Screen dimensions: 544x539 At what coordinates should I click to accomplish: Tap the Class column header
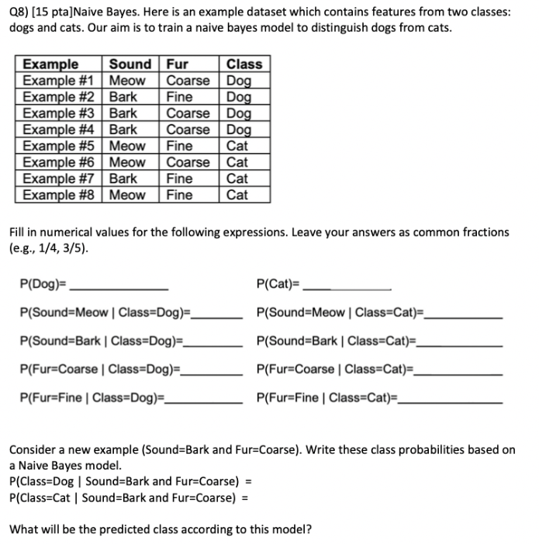(244, 64)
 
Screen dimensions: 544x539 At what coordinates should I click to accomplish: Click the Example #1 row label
(59, 81)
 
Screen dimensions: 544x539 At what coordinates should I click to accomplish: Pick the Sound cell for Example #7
(123, 178)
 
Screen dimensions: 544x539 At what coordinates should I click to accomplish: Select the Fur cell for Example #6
(188, 162)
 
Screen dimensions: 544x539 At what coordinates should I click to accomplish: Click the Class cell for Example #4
(239, 130)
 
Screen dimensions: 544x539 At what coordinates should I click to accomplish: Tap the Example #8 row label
(59, 195)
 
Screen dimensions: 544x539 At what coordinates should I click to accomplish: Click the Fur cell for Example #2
(180, 97)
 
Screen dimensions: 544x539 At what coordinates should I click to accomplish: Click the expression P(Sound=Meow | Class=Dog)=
(105, 313)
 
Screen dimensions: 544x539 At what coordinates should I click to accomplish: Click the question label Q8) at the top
(19, 12)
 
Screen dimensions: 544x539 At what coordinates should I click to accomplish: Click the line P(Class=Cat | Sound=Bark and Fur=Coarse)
(123, 497)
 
